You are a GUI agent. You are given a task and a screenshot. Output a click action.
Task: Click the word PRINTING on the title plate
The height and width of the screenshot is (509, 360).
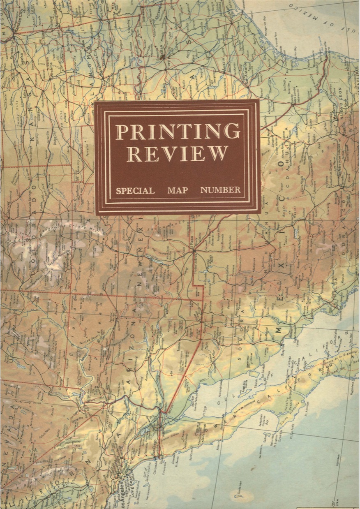coord(178,131)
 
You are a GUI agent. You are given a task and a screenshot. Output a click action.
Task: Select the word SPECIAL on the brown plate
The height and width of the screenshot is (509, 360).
coord(135,190)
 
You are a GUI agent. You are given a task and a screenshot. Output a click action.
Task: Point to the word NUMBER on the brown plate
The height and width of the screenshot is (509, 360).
coord(220,190)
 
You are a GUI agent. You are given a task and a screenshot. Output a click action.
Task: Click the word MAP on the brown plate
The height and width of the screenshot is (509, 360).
coord(178,190)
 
